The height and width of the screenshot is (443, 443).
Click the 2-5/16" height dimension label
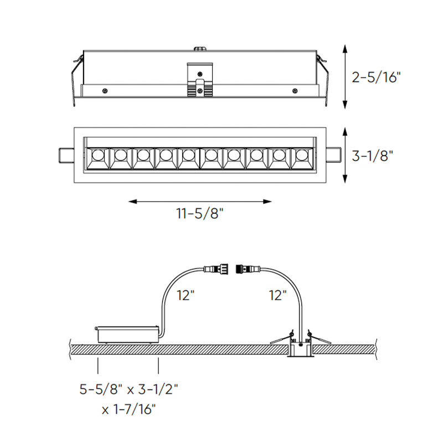pyautogui.click(x=376, y=77)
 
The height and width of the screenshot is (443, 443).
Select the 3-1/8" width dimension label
pyautogui.click(x=372, y=156)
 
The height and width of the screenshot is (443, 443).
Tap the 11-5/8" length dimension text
pyautogui.click(x=200, y=213)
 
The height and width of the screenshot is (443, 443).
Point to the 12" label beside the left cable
pyautogui.click(x=186, y=296)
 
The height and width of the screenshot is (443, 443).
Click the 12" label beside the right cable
pyautogui.click(x=278, y=296)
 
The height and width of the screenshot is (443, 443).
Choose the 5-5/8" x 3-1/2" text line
pyautogui.click(x=129, y=390)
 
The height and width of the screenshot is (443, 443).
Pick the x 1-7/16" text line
pyautogui.click(x=129, y=409)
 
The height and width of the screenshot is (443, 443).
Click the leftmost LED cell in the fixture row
pyautogui.click(x=98, y=158)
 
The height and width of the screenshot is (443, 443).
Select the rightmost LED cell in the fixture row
pyautogui.click(x=302, y=158)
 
